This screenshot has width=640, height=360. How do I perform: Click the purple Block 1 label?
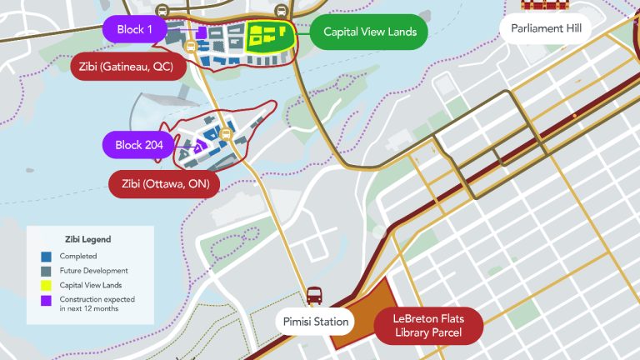click(x=135, y=29)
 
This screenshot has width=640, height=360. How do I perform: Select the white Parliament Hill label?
click(x=546, y=29)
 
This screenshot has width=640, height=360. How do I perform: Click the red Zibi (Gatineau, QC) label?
click(x=127, y=67)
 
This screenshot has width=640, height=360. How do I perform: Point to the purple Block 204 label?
click(x=138, y=144)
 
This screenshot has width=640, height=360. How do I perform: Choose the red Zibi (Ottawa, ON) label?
click(x=164, y=183)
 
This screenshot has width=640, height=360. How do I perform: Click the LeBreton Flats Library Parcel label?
click(x=428, y=326)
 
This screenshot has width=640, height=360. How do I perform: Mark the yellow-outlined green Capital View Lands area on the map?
click(x=271, y=36)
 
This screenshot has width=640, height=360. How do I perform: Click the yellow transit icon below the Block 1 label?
click(x=191, y=47)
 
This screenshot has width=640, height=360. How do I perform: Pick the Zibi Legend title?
click(x=87, y=239)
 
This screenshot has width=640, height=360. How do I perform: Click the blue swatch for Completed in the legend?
click(x=47, y=256)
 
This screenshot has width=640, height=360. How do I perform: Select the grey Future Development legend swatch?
click(x=47, y=270)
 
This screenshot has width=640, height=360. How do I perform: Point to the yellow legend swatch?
click(x=47, y=285)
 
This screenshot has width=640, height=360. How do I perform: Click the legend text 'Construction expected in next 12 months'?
click(x=97, y=303)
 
